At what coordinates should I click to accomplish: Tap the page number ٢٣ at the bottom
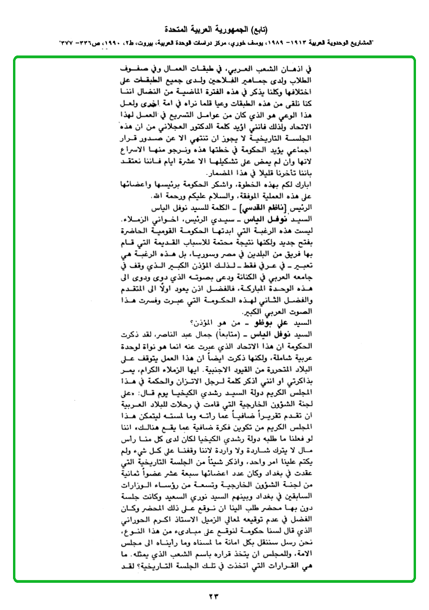[214, 595]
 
